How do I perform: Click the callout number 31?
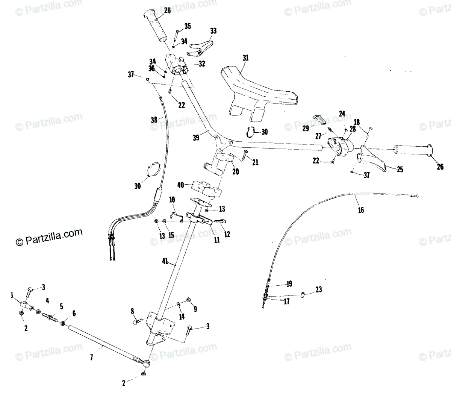coord(246,58)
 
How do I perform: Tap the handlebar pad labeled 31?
coord(259,90)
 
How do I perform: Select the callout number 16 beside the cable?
coord(361,210)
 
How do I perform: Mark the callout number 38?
coord(154,120)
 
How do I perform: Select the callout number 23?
coord(319,290)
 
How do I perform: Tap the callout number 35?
coord(187,26)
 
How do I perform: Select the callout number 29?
coord(306,128)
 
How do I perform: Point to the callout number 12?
coord(227,234)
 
